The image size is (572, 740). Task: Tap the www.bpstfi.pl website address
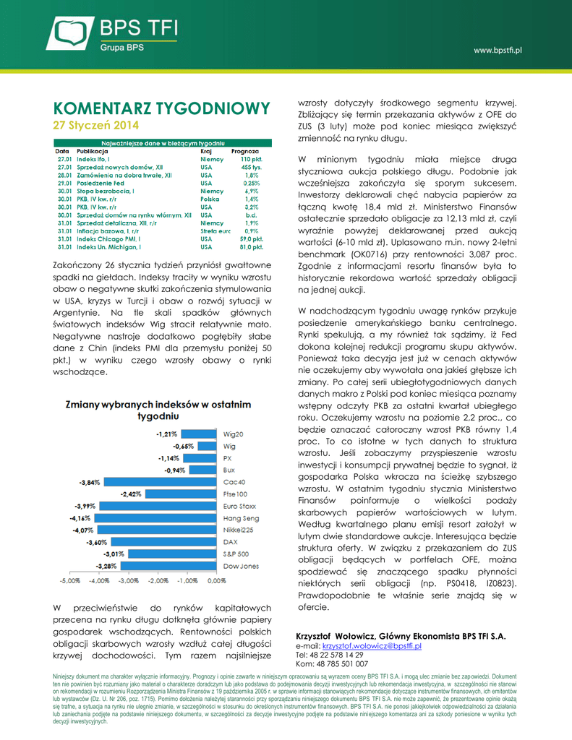pos(498,50)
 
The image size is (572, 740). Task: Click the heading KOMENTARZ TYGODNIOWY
pos(162,108)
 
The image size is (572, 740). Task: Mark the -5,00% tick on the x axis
pos(69,580)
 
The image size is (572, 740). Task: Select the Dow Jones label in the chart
pos(241,566)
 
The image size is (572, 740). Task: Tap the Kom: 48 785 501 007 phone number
pos(332,663)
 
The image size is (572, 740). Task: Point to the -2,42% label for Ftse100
pos(131,494)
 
